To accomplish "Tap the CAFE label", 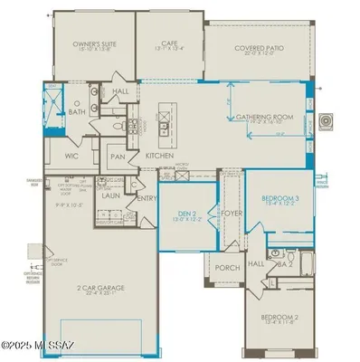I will [169, 42].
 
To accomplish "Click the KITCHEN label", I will [160, 156].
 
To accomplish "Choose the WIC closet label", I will [73, 156].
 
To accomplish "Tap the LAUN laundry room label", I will [112, 195].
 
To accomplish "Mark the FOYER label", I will [232, 214].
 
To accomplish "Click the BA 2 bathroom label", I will [283, 263].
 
